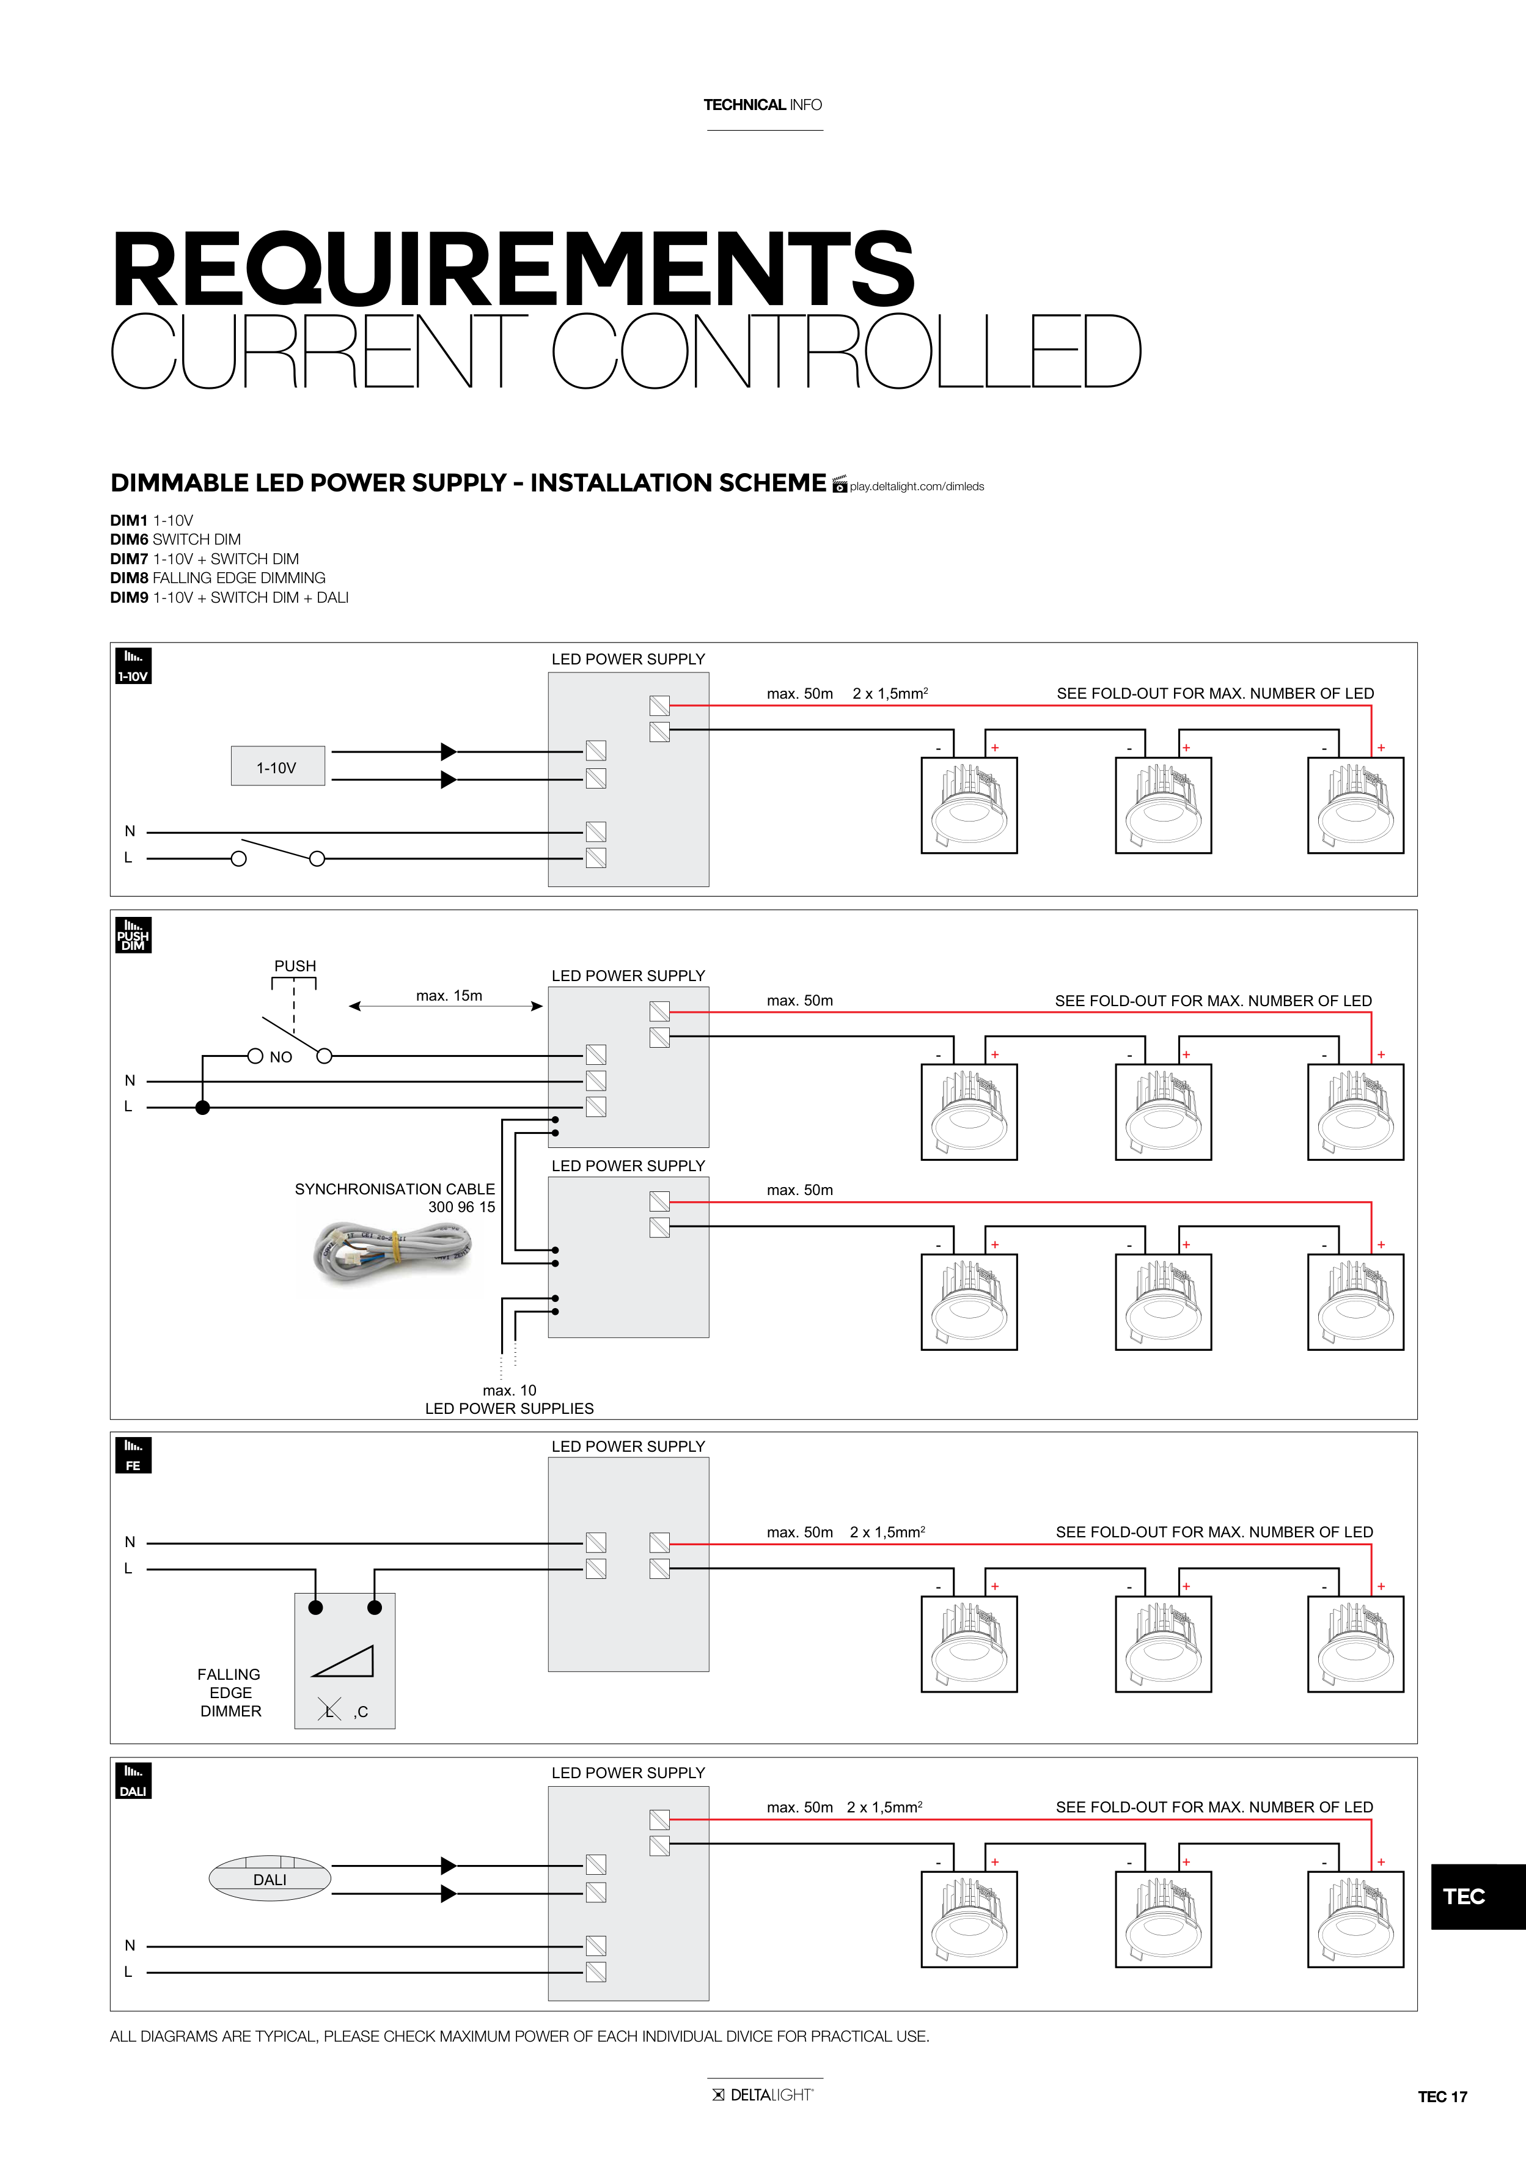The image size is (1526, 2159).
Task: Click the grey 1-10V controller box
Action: [x=277, y=767]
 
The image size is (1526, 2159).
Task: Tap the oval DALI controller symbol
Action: [x=270, y=1878]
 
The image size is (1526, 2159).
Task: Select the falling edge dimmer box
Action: [x=345, y=1660]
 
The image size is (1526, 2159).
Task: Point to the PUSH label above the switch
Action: [x=295, y=966]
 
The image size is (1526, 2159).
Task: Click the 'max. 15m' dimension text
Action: [x=449, y=995]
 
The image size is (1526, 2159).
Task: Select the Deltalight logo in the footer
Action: [x=763, y=2094]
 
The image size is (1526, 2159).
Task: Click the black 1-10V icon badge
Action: [x=133, y=666]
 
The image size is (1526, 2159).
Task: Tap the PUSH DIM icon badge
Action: [x=133, y=936]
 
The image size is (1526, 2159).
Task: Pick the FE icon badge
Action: [x=133, y=1455]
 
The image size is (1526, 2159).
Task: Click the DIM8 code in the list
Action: [x=129, y=578]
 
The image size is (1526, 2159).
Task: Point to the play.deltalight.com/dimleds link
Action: [x=916, y=486]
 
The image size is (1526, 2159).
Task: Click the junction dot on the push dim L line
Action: [x=202, y=1108]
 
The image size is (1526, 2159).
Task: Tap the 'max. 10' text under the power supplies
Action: [x=510, y=1390]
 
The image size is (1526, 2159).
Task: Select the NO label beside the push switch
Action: [x=280, y=1057]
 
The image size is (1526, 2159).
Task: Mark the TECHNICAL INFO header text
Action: [x=763, y=105]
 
